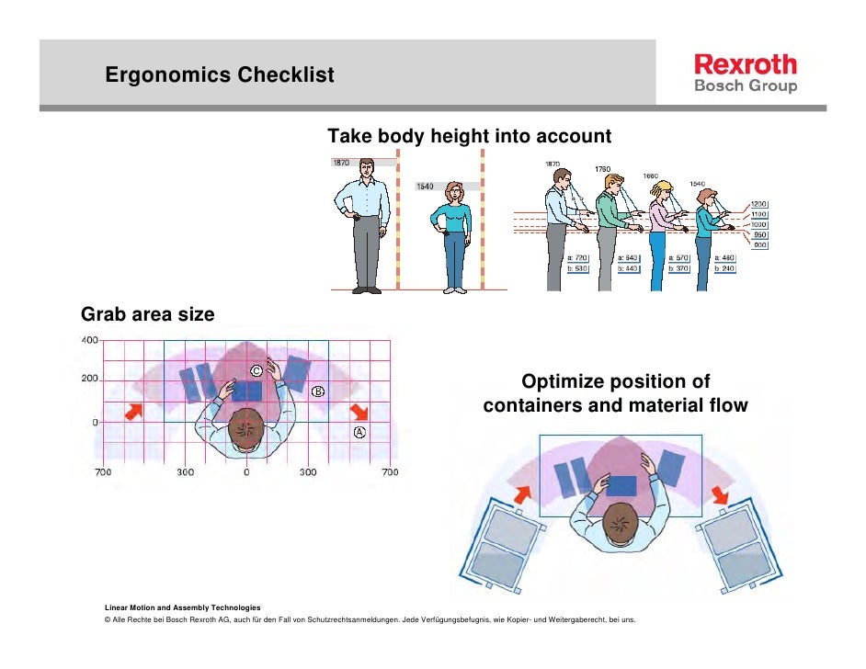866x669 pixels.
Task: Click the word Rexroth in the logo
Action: (746, 64)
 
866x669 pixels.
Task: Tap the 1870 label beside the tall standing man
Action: (340, 163)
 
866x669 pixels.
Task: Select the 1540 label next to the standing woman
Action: (425, 187)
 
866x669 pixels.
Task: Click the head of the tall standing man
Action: (366, 168)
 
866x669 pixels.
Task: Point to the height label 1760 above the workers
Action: (602, 169)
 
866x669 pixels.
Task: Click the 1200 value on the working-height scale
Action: (759, 204)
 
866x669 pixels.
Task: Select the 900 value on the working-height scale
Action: (759, 244)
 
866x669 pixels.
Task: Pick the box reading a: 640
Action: (628, 257)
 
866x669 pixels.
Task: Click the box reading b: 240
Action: (727, 268)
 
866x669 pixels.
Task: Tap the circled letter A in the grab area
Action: (359, 432)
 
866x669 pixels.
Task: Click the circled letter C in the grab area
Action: (256, 369)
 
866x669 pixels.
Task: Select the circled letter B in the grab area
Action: (318, 391)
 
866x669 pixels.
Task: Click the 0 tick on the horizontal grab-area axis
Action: (246, 472)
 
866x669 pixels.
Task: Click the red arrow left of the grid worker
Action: (133, 413)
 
